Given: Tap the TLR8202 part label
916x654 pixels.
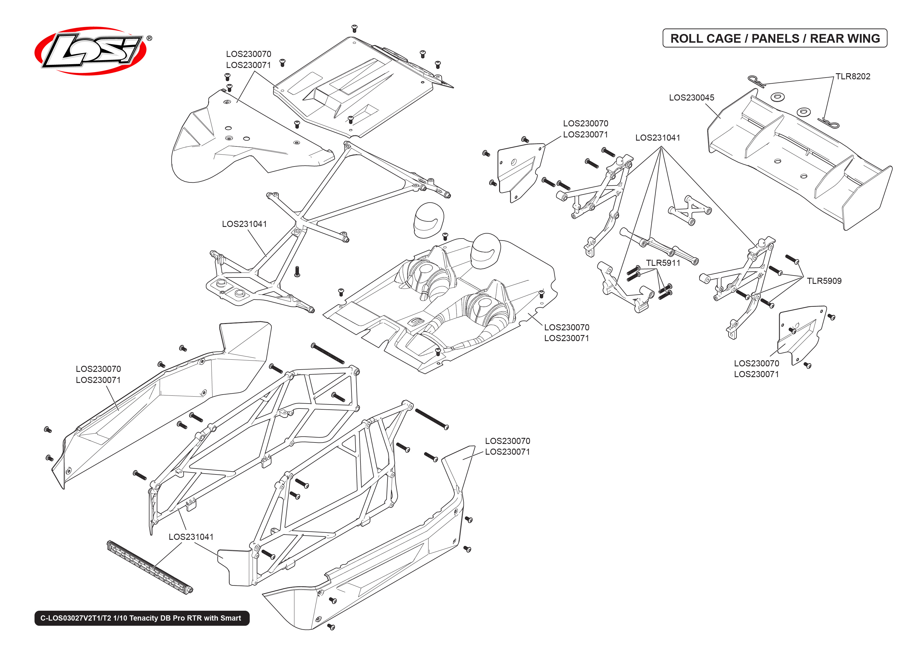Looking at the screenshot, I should pyautogui.click(x=852, y=76).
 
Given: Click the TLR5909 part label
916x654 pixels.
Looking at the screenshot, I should pyautogui.click(x=824, y=281).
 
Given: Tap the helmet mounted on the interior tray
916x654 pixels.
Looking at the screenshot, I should pyautogui.click(x=485, y=250).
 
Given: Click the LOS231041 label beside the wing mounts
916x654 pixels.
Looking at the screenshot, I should pyautogui.click(x=657, y=138).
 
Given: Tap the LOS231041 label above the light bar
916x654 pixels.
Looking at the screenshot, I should pyautogui.click(x=191, y=537).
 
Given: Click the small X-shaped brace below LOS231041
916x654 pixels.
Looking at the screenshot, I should pyautogui.click(x=690, y=211).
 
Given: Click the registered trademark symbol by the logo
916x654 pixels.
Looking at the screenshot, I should pyautogui.click(x=149, y=38).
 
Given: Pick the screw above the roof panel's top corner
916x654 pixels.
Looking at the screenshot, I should pyautogui.click(x=354, y=28).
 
